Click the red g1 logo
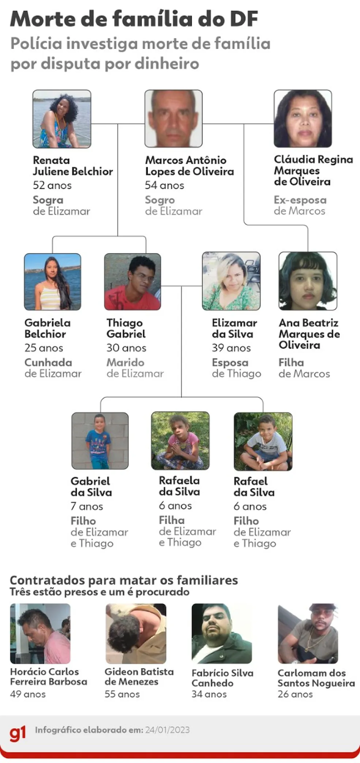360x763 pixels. [18, 733]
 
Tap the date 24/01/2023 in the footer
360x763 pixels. [167, 730]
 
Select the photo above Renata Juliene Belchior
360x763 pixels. [62, 119]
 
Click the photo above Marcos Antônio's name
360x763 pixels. [174, 119]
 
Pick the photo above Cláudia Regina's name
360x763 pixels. [303, 119]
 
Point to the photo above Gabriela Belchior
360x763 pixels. [52, 281]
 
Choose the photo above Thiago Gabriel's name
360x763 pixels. [133, 281]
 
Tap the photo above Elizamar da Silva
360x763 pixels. [231, 281]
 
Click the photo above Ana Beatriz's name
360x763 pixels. [308, 281]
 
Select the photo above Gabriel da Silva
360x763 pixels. [100, 441]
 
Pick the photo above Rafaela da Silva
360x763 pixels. [180, 441]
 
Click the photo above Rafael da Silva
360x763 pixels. [263, 441]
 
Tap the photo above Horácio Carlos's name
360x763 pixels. [40, 633]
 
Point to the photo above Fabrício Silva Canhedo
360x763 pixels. [222, 633]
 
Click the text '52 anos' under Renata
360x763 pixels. [52, 186]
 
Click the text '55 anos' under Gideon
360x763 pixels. [122, 694]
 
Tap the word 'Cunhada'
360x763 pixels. [48, 362]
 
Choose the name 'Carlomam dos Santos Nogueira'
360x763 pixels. [316, 678]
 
